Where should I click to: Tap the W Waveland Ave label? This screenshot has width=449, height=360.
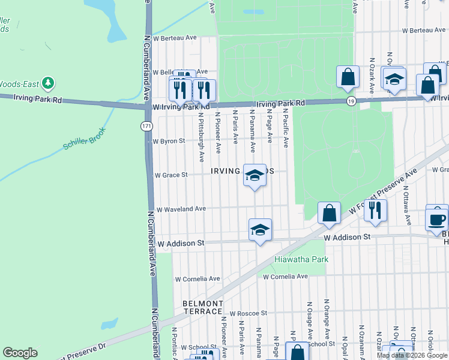181,209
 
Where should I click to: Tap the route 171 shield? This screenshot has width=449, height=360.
147,126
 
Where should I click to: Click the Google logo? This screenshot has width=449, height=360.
20,353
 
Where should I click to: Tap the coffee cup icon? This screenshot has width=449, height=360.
436,218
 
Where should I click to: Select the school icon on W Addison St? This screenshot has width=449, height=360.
260,230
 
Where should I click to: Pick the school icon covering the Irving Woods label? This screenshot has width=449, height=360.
255,175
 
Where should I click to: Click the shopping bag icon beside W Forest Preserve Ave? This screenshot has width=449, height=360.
329,214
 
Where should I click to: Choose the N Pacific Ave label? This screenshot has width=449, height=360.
286,128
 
